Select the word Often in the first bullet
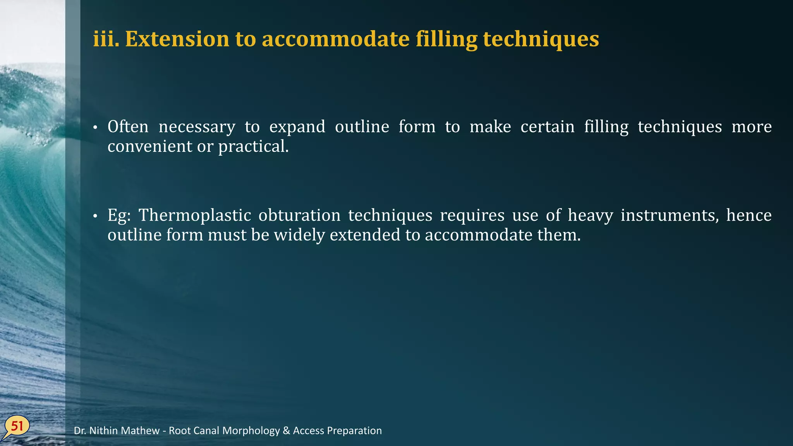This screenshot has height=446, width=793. point(128,127)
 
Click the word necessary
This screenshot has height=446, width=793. point(197,127)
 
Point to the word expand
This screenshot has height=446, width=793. point(297,127)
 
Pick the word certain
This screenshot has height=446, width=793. point(547,127)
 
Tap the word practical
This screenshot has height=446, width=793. point(253,147)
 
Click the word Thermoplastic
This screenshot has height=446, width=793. point(195,216)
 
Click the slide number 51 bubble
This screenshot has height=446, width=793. point(17,427)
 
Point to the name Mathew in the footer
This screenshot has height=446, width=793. point(141,431)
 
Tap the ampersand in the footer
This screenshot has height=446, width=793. point(286,431)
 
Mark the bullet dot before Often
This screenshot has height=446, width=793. point(95,128)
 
